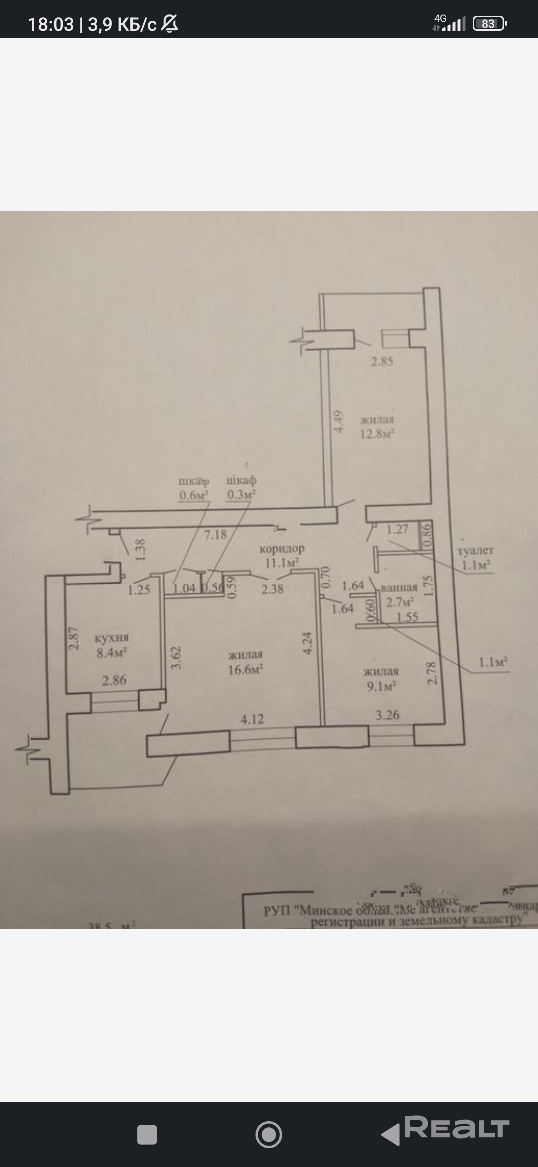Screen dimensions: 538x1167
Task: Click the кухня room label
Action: pyautogui.click(x=112, y=638)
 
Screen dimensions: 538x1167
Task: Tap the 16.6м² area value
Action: pyautogui.click(x=245, y=669)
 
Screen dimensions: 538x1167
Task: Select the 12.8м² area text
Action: pyautogui.click(x=377, y=433)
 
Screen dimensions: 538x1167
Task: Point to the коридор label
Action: pyautogui.click(x=281, y=549)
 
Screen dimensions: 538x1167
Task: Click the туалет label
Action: pyautogui.click(x=475, y=551)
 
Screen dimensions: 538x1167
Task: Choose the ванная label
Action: pyautogui.click(x=399, y=587)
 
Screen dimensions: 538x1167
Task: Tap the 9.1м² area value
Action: pyautogui.click(x=381, y=686)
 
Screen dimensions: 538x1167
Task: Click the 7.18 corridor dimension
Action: pyautogui.click(x=215, y=535)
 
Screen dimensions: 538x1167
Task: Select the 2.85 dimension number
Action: pyautogui.click(x=382, y=361)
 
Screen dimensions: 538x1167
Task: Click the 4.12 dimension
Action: pyautogui.click(x=252, y=719)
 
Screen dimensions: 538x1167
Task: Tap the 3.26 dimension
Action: pyautogui.click(x=387, y=715)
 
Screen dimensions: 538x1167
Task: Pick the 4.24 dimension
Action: pyautogui.click(x=307, y=644)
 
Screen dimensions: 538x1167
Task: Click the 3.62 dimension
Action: pyautogui.click(x=176, y=658)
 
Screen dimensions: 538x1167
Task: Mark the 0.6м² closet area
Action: pyautogui.click(x=193, y=495)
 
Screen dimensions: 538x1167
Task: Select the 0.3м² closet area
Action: pyautogui.click(x=241, y=494)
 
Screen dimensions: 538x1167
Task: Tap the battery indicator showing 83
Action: pyautogui.click(x=489, y=24)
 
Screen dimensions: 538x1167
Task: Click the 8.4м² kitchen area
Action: pyautogui.click(x=112, y=652)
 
